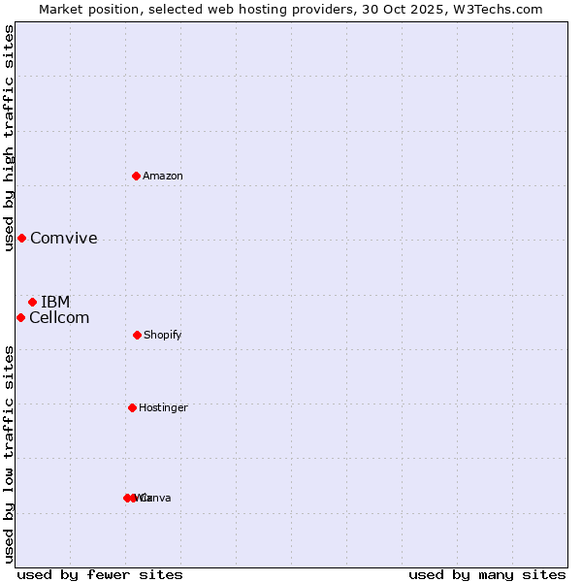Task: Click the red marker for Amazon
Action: [x=136, y=176]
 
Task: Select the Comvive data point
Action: [x=21, y=239]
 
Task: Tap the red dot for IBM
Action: [x=32, y=302]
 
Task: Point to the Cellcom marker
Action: [x=20, y=317]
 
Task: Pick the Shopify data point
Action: [x=137, y=335]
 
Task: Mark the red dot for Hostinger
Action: [x=132, y=407]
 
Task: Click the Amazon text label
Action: [x=162, y=176]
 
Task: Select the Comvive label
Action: [x=63, y=239]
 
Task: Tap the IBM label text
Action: [x=55, y=302]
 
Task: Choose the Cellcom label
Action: [x=59, y=317]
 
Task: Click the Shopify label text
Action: [x=162, y=335]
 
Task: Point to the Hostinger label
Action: [x=163, y=407]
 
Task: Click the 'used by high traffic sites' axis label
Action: [x=9, y=138]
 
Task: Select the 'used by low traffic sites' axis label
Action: [x=9, y=454]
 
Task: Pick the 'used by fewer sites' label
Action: [x=100, y=574]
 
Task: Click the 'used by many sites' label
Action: [x=487, y=574]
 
